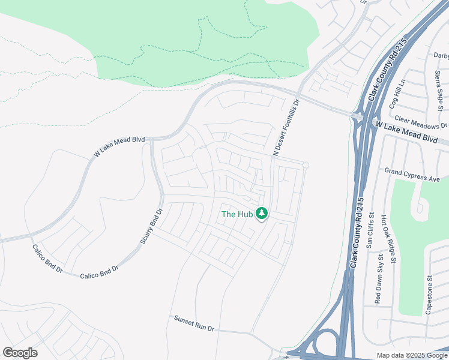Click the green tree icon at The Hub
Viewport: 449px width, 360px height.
[261, 213]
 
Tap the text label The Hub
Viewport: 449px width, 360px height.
[237, 214]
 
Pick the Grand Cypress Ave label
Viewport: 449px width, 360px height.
[412, 175]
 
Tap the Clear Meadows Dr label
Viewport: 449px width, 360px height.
[421, 122]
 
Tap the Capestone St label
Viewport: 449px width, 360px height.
[429, 295]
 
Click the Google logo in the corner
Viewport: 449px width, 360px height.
[20, 353]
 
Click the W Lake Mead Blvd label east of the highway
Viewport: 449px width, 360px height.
[406, 131]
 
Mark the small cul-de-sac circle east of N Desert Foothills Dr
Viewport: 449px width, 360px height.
[306, 165]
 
